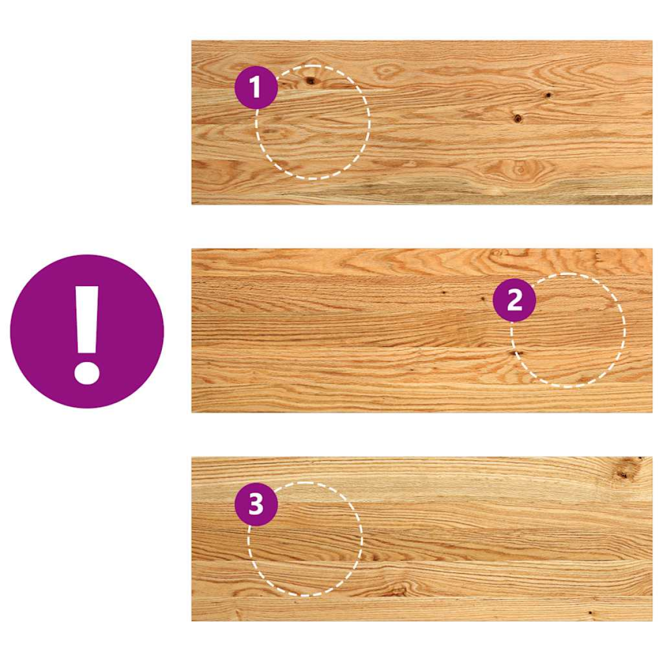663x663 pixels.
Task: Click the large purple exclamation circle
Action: point(87,331)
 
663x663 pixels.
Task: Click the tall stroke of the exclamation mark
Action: point(87,320)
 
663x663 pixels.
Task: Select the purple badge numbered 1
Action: point(256,88)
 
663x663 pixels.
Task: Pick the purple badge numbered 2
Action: point(514,301)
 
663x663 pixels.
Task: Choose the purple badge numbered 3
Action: point(256,504)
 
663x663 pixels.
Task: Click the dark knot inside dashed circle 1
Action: point(311,81)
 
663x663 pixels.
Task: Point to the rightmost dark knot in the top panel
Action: point(548,94)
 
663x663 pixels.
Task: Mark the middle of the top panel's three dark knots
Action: point(517,118)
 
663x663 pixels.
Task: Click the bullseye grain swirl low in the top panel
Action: point(520,170)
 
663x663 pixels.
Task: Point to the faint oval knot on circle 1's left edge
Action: point(271,131)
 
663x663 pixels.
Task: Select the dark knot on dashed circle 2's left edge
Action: point(515,352)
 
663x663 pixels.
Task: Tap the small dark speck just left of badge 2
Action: point(483,299)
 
